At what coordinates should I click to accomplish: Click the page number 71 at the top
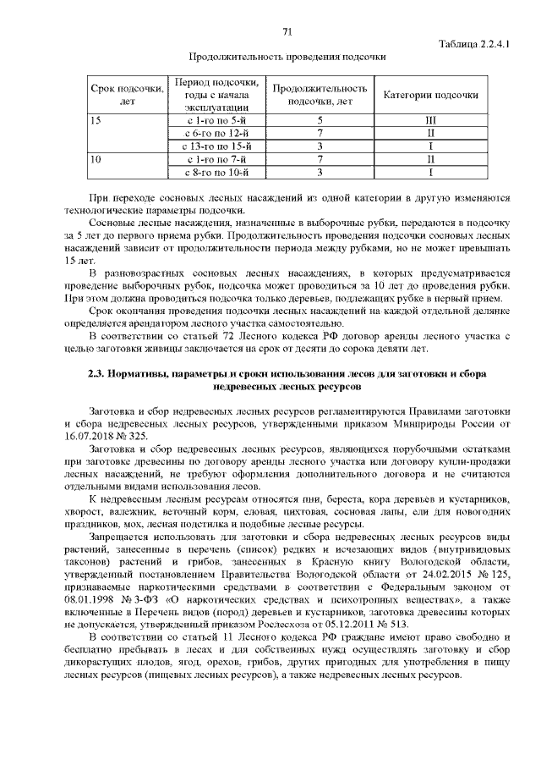coord(287,32)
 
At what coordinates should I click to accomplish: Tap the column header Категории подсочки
coord(431,96)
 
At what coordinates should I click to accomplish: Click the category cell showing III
coord(430,121)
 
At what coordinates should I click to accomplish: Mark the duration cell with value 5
coord(320,121)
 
